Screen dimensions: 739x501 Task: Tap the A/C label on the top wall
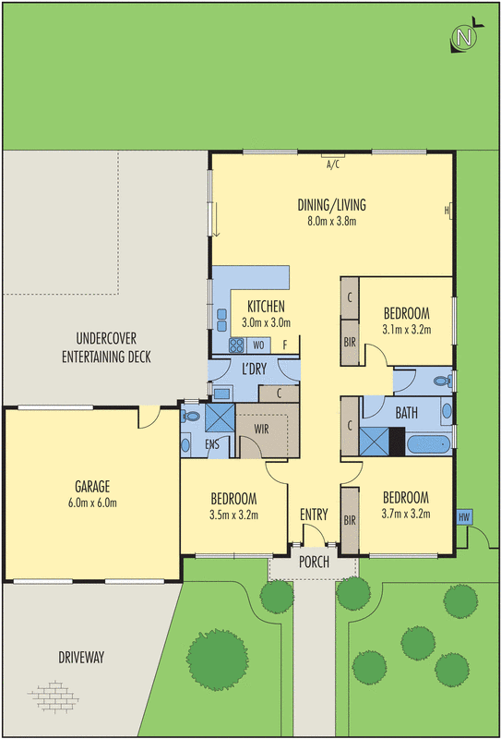[x=333, y=166]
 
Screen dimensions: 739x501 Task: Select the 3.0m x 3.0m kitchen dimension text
[x=266, y=322]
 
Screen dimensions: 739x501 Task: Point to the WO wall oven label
[x=258, y=346]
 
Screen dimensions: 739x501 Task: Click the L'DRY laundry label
[x=254, y=369]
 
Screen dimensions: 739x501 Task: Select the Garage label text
[x=93, y=487]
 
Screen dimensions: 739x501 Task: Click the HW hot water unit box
[x=463, y=516]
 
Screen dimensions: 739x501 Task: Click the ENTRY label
[x=314, y=515]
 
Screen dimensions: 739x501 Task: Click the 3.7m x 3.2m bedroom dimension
[x=406, y=514]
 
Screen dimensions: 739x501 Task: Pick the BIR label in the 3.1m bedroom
[x=350, y=341]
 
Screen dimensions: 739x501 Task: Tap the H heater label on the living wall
[x=446, y=210]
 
